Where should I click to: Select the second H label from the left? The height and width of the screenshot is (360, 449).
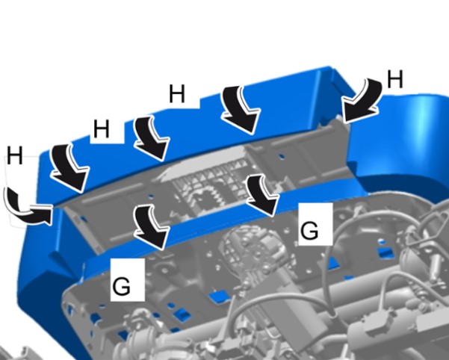click(102, 128)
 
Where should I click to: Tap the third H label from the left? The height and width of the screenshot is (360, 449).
click(176, 93)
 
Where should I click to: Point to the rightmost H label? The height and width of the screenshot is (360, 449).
click(395, 79)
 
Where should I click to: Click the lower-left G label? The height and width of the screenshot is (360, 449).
click(122, 286)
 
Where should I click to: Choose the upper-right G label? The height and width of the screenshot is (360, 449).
click(309, 230)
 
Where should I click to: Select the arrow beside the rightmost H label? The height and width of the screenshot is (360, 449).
click(362, 102)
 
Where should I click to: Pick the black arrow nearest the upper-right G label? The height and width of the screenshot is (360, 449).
click(262, 195)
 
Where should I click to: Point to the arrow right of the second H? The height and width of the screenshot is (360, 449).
click(151, 137)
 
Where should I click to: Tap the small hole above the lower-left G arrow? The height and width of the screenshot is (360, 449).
click(152, 196)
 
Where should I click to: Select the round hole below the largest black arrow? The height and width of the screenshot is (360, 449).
click(282, 157)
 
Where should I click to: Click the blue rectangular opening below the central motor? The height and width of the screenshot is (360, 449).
click(220, 297)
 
